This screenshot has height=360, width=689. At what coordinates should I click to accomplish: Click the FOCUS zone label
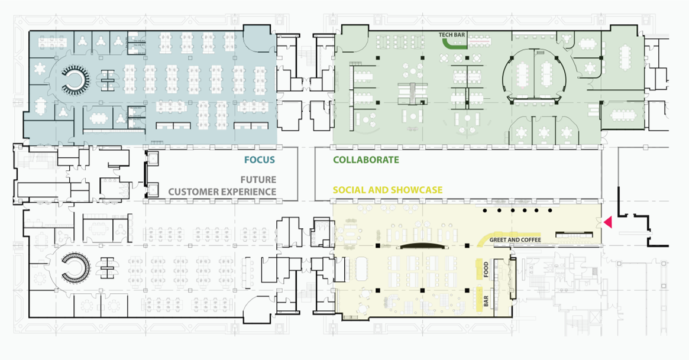(x=259, y=160)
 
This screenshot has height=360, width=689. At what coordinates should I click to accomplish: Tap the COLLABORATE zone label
(x=366, y=160)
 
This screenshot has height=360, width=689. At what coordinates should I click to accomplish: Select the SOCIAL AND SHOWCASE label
(x=387, y=190)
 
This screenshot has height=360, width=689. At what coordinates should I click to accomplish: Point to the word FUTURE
(x=258, y=180)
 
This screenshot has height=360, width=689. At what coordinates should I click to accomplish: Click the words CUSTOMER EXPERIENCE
(x=222, y=192)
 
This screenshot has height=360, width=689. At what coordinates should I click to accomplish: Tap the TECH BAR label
(x=452, y=35)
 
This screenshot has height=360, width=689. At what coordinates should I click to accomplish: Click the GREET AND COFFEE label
(x=515, y=240)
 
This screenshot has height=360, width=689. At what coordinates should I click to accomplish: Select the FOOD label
(x=486, y=269)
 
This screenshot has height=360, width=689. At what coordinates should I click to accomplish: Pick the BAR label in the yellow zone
(x=486, y=301)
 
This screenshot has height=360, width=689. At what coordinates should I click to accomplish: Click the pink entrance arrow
(x=608, y=222)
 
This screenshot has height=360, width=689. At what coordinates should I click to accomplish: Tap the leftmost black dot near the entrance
(x=485, y=210)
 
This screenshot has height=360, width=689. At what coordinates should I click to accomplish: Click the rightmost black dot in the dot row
(x=550, y=210)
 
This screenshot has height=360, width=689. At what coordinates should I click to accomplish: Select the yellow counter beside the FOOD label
(x=479, y=269)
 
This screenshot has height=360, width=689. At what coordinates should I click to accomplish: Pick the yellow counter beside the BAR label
(x=479, y=299)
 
